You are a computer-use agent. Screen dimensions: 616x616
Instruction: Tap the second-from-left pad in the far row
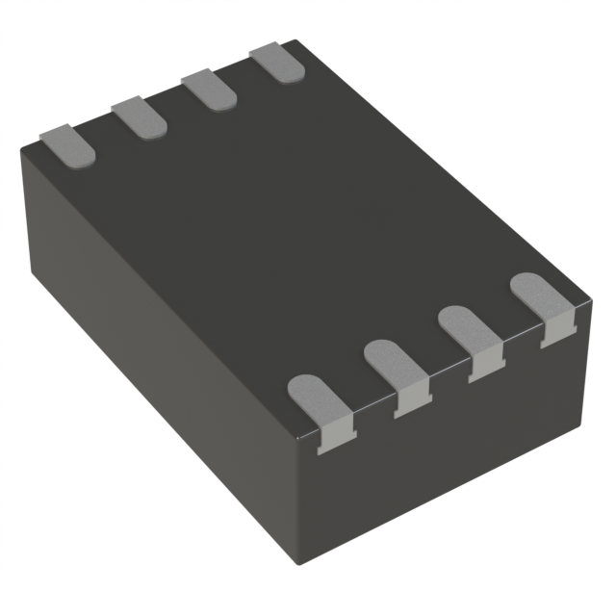139,116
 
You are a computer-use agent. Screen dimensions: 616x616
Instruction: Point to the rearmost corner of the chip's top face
294,41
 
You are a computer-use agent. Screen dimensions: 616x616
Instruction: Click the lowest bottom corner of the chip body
317,576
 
